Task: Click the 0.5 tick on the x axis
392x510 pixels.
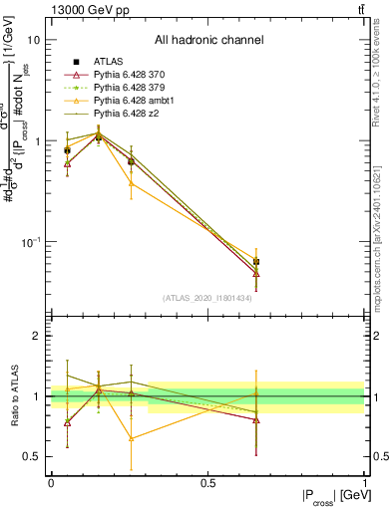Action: (207, 483)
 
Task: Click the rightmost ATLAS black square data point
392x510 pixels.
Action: (256, 262)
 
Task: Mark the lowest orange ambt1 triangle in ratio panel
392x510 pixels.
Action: (131, 438)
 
